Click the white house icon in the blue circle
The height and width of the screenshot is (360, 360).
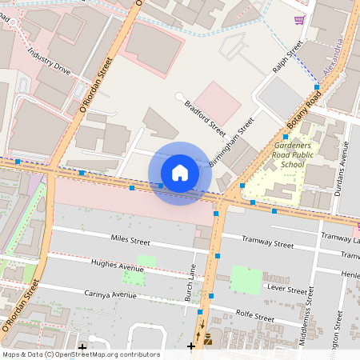[x=180, y=173]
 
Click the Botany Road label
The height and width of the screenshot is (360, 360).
[x=304, y=108]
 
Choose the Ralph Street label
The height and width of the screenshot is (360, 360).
[x=288, y=58]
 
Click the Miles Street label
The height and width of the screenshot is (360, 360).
[x=130, y=240]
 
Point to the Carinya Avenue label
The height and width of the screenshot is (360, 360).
[x=111, y=294]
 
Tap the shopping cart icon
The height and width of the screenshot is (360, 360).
[x=299, y=19]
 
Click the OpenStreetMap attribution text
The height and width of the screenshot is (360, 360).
[x=80, y=354]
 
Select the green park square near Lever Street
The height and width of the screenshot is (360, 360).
[x=246, y=279]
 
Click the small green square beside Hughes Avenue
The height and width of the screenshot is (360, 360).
[x=146, y=260]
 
